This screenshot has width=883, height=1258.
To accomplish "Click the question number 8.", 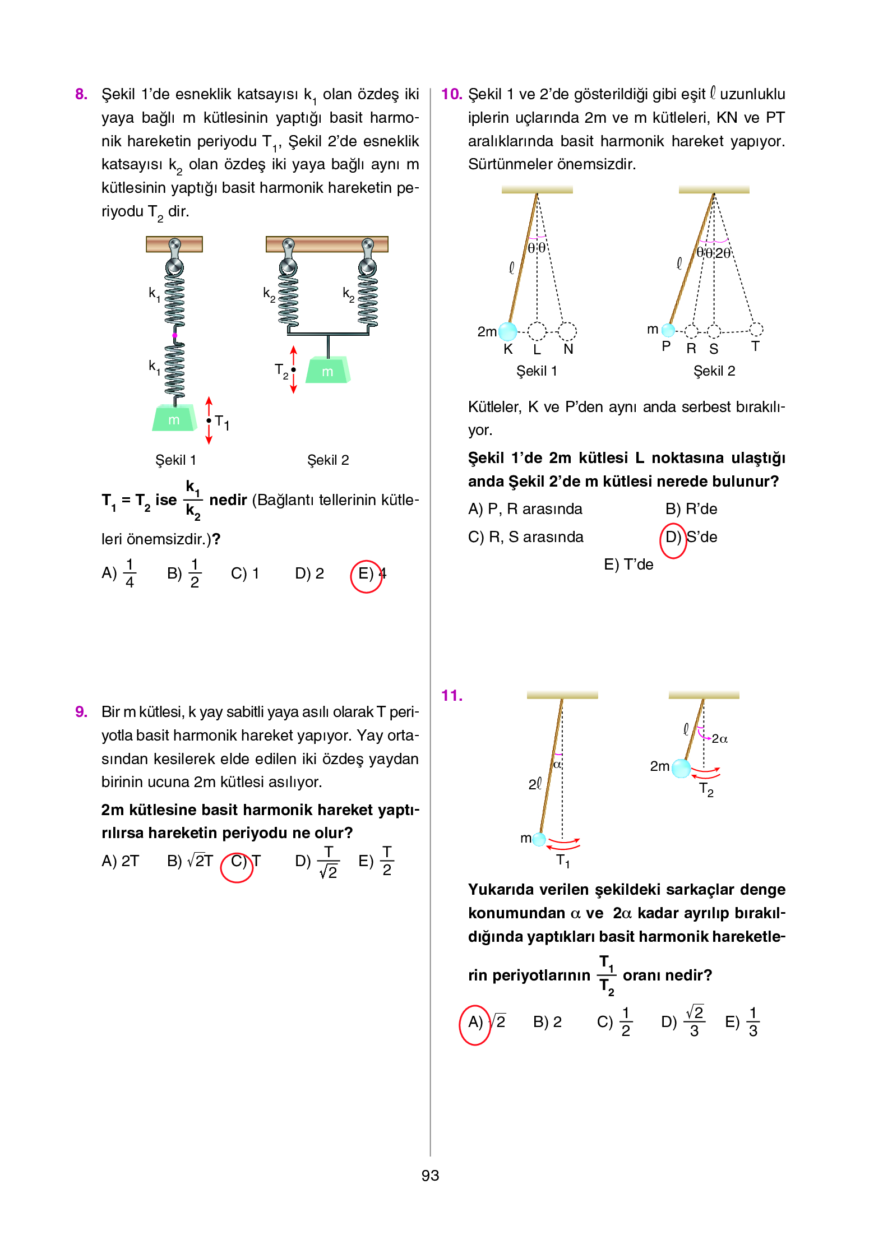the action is (x=81, y=94).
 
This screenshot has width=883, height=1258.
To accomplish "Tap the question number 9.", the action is (x=81, y=711).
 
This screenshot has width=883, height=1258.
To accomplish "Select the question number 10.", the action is (x=451, y=94).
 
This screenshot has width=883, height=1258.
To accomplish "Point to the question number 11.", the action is (x=451, y=696).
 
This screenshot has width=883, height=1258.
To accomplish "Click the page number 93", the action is (x=430, y=1176).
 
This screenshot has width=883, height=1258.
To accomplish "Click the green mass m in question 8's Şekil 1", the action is (x=174, y=418).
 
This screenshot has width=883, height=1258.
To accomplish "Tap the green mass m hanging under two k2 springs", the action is (x=328, y=371).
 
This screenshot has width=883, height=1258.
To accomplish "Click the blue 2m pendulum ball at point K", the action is (x=508, y=331).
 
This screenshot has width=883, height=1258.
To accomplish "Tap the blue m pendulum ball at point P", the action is (x=668, y=330).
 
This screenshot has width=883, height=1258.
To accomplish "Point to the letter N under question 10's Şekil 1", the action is (x=568, y=349).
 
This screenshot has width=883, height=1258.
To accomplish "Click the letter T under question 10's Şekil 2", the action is (x=756, y=346).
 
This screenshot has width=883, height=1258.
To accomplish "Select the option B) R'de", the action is (x=691, y=509).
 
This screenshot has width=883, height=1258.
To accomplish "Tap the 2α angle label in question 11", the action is (x=720, y=739).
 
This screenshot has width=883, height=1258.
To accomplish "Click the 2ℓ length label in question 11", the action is (x=535, y=784).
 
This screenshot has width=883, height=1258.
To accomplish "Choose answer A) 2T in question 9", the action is (x=120, y=861).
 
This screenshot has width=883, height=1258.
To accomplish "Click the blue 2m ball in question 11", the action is (x=681, y=768).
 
